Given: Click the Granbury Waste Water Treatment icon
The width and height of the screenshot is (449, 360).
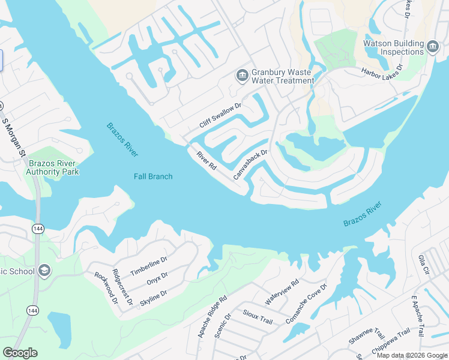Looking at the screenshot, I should pos(243,75).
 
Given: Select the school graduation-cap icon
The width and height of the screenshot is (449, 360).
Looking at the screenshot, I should pos(44,271).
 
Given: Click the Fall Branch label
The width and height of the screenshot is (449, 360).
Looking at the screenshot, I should pos(152,176).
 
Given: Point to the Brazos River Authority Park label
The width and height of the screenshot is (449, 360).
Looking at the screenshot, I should pos(52,167).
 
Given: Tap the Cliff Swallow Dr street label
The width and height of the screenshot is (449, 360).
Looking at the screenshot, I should pos(220,115).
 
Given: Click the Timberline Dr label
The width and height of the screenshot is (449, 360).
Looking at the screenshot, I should pos(148,265).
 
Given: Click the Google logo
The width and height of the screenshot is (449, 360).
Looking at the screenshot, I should pos(20,353).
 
